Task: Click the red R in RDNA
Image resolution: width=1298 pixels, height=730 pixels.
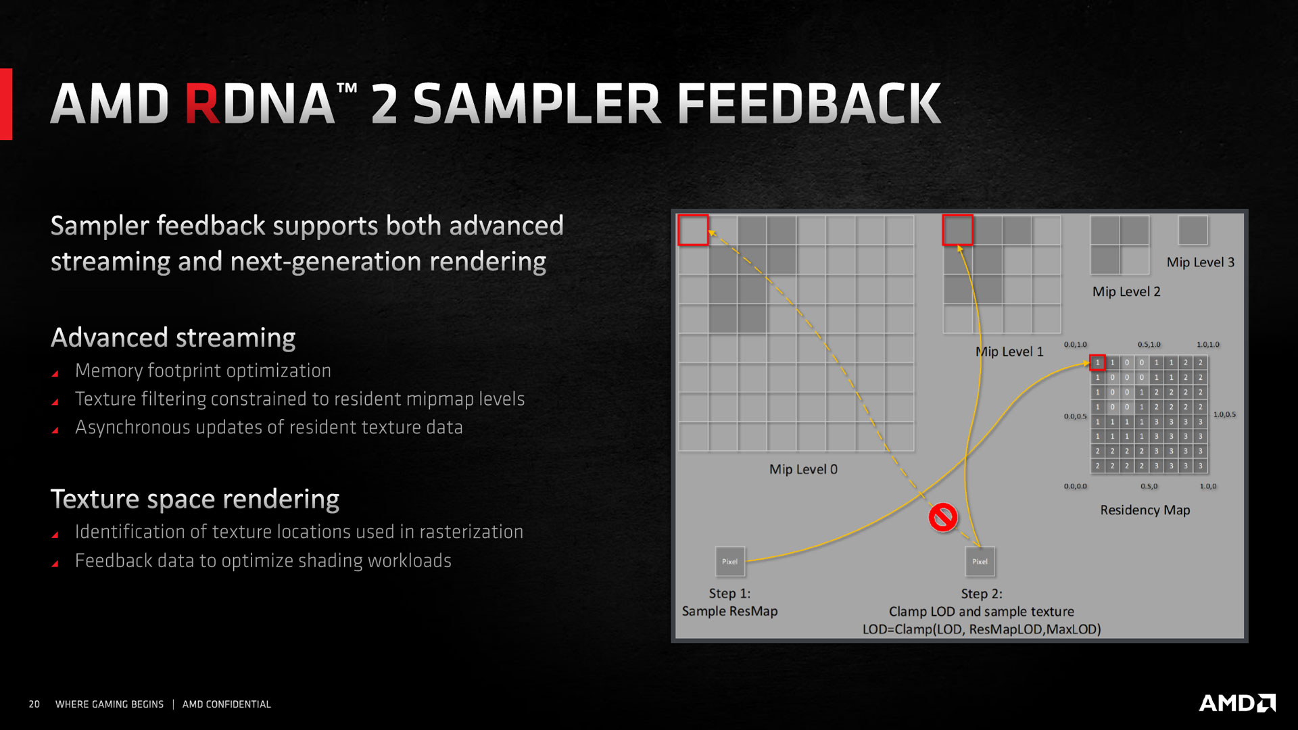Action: pos(203,104)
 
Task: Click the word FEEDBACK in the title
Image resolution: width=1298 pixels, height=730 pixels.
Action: pos(809,104)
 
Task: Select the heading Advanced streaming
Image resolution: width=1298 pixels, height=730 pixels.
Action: pos(173,337)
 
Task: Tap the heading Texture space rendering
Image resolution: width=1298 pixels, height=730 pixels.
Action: pos(195,499)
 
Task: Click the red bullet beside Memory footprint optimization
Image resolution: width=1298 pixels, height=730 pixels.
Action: pos(55,373)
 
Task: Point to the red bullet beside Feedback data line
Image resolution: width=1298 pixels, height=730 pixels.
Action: pos(55,563)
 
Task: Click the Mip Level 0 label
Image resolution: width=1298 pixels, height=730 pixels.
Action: pos(803,469)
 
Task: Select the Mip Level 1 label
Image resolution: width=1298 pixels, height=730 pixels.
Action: pos(1009,351)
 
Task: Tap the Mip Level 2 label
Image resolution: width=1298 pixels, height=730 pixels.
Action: pos(1126,291)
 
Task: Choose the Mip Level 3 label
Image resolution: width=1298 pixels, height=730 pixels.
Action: pos(1201,262)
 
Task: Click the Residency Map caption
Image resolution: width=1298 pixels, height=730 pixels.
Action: pos(1145,510)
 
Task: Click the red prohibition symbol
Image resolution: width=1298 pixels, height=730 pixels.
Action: pos(942,517)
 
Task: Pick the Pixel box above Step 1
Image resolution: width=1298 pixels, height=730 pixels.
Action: pos(730,562)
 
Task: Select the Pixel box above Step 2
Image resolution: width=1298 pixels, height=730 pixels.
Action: pos(980,562)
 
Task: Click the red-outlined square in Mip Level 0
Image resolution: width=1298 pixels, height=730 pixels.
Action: pos(693,230)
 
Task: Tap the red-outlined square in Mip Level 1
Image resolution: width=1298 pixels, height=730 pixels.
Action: pos(957,230)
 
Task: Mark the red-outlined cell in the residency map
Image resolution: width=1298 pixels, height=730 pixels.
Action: pos(1097,362)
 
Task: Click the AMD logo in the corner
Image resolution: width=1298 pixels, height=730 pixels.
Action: pos(1237,703)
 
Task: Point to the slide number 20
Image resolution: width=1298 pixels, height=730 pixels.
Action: pos(34,704)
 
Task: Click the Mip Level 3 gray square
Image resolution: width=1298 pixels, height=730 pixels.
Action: pos(1193,230)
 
